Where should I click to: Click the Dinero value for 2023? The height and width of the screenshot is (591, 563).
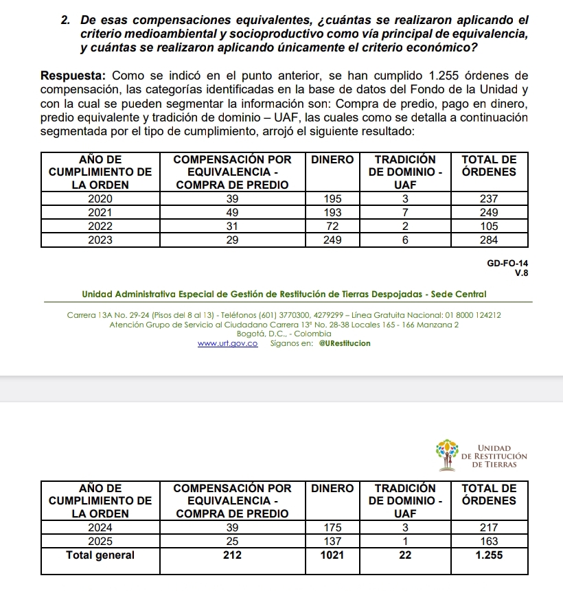click(333, 240)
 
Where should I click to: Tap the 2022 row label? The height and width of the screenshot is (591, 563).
click(100, 226)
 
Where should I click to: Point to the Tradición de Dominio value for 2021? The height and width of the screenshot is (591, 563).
click(405, 212)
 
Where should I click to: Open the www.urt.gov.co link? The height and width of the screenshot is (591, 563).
click(228, 343)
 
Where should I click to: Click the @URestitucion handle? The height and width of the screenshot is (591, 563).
click(345, 343)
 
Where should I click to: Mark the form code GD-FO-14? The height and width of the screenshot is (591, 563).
click(508, 262)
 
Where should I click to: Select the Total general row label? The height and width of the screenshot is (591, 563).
click(100, 555)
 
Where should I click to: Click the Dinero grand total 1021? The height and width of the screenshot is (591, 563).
click(333, 555)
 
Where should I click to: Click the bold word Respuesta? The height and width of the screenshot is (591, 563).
click(73, 75)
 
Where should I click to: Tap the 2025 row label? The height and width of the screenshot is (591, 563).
click(100, 542)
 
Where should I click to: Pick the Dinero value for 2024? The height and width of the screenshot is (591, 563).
click(333, 528)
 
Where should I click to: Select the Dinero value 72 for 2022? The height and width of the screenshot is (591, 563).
click(333, 226)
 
